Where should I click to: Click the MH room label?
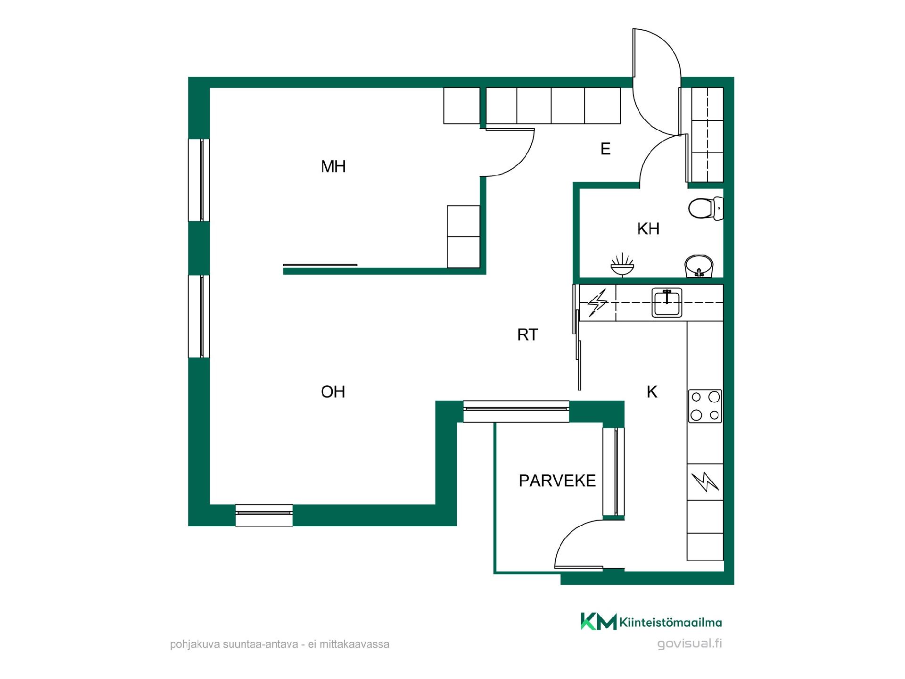(x=333, y=166)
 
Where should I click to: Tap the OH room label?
(x=333, y=392)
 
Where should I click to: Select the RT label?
(x=527, y=335)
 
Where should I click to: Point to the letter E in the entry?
(x=606, y=149)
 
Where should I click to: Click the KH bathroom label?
(x=648, y=229)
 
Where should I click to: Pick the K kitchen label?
(x=652, y=392)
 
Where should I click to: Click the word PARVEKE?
(x=557, y=480)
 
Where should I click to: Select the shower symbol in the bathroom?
(x=622, y=265)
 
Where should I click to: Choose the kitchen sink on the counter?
(x=667, y=303)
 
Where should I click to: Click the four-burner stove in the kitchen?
(x=705, y=406)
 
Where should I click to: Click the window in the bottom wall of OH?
(x=264, y=515)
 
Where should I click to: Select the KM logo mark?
(x=598, y=621)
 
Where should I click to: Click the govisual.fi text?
(x=690, y=644)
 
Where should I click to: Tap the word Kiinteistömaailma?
(x=671, y=622)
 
